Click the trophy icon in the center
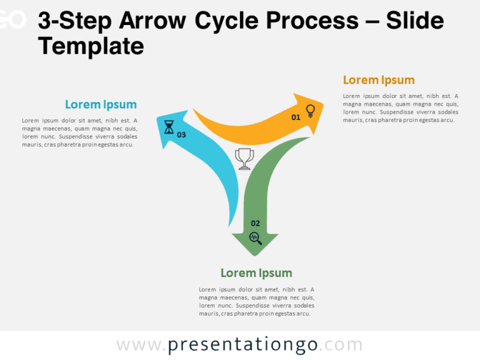[244, 159]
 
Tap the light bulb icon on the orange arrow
[310, 111]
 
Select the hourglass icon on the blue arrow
[169, 128]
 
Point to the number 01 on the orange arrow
[296, 117]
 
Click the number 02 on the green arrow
[255, 223]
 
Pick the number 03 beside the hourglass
[181, 134]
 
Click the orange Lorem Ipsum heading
[379, 80]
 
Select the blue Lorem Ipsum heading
[101, 104]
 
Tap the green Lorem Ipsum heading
[256, 273]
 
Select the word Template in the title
[91, 46]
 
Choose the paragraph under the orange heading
[400, 108]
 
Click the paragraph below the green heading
[256, 301]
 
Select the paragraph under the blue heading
[80, 132]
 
